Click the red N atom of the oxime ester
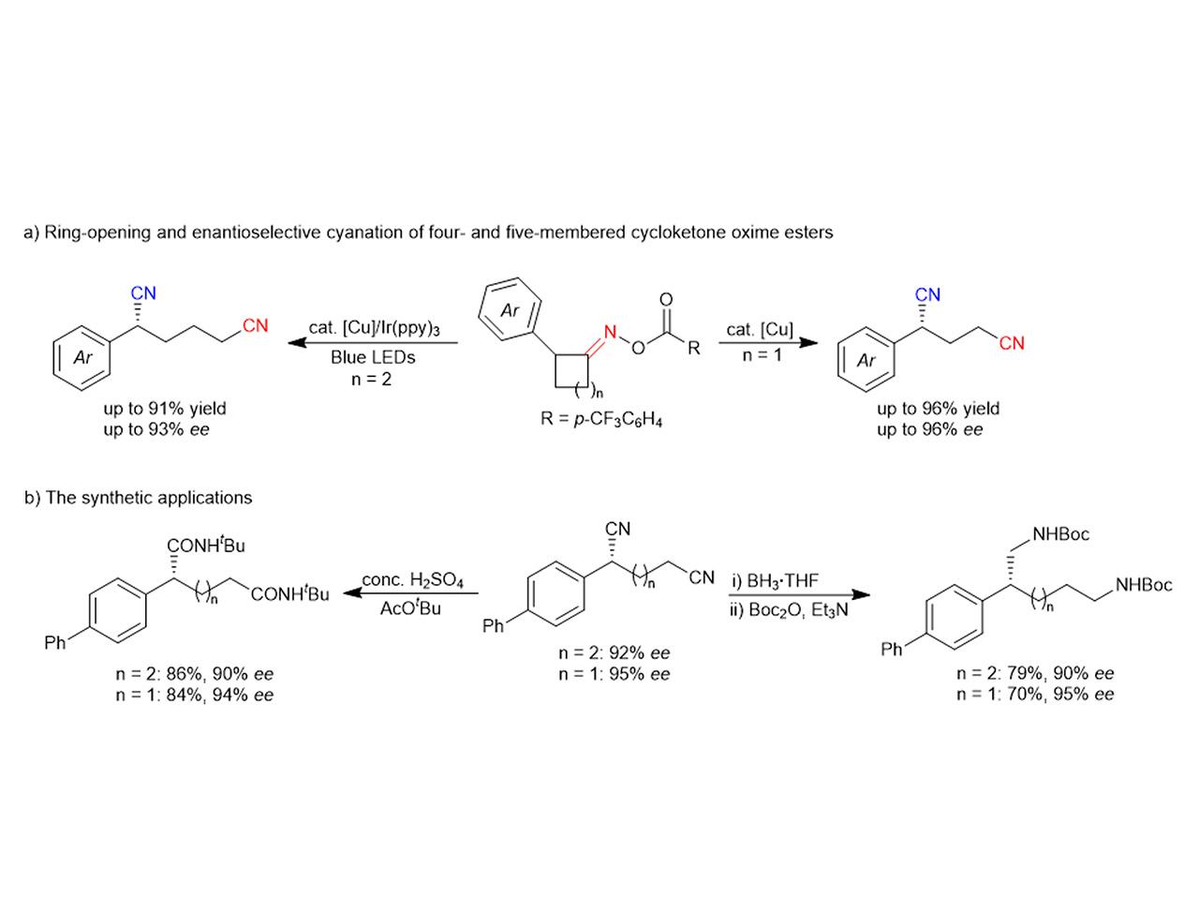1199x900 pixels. coord(610,332)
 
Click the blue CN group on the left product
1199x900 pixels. coord(143,293)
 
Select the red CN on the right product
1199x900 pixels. coord(1012,343)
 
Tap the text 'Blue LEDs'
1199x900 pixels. coord(373,357)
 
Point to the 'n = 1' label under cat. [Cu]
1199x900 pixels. coord(762,355)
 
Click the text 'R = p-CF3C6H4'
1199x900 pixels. coord(601,419)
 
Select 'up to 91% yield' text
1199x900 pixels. coord(165,409)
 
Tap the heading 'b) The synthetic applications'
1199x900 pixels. coord(139,498)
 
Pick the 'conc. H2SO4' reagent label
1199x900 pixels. coord(413,580)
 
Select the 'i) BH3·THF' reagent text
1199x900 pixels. coord(775,580)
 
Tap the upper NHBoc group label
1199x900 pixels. coord(1061,534)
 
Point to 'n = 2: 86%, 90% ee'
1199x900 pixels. coord(195,674)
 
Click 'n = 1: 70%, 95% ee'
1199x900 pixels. coord(1035,695)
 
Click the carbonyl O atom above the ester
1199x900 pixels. coord(666,300)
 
